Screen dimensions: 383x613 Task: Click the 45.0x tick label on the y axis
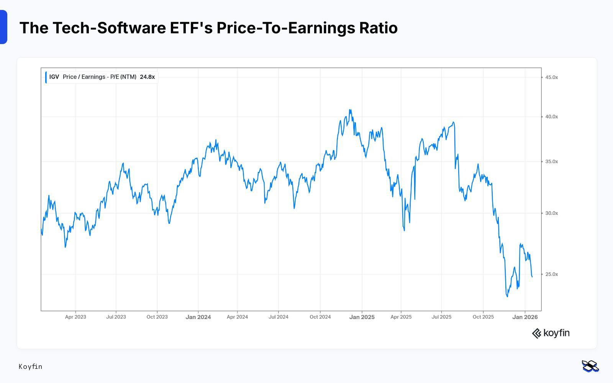551,77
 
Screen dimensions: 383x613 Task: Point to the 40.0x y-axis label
551,117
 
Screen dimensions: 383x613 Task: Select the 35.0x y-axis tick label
551,162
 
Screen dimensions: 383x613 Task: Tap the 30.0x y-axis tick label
551,213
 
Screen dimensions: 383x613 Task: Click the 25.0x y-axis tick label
551,274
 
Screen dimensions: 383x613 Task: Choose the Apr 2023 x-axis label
75,317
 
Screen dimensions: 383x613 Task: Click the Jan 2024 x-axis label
198,317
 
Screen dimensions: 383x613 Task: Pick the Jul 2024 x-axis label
278,317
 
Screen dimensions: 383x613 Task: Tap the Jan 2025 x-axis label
362,317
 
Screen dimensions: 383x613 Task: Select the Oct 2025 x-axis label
483,317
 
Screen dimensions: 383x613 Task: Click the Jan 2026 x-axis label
525,317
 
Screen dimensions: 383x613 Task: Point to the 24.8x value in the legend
147,77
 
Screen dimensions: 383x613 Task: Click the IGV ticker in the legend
54,77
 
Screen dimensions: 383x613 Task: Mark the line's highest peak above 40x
350,110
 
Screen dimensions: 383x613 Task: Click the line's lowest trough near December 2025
508,296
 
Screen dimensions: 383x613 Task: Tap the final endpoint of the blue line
532,277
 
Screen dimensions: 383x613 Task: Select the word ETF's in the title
191,28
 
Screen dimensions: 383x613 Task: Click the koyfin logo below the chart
551,333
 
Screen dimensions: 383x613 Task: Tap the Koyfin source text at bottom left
30,367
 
